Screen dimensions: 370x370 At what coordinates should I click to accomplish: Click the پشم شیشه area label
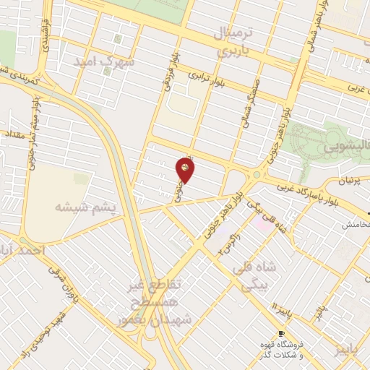click(x=86, y=207)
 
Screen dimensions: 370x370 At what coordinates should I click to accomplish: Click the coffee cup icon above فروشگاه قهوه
click(x=280, y=333)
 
